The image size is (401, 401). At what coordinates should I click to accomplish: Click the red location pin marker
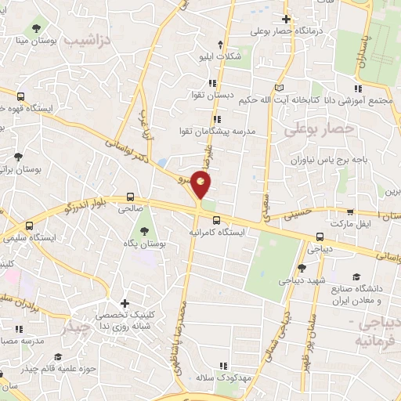(201, 185)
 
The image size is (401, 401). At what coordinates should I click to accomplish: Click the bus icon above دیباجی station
(319, 237)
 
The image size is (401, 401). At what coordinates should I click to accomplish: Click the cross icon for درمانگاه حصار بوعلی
(287, 19)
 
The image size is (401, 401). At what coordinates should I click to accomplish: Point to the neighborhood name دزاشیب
(88, 38)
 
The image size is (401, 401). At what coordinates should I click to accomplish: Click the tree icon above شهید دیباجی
(302, 268)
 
